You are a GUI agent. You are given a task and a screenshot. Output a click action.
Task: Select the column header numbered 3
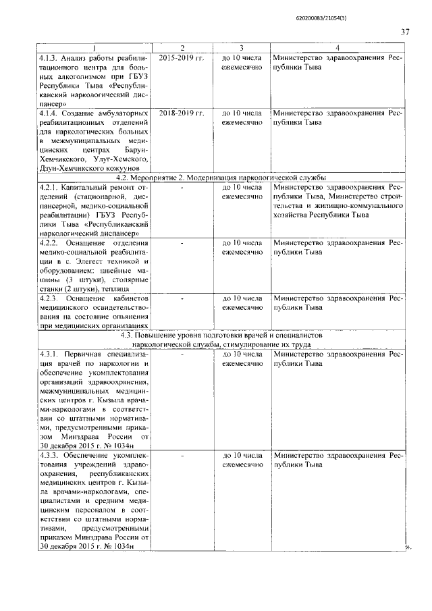click(241, 47)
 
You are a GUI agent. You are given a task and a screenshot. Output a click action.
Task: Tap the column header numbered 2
click(182, 47)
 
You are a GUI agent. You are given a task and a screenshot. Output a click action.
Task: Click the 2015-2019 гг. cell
click(181, 58)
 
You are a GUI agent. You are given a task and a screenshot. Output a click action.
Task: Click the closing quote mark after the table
click(408, 547)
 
